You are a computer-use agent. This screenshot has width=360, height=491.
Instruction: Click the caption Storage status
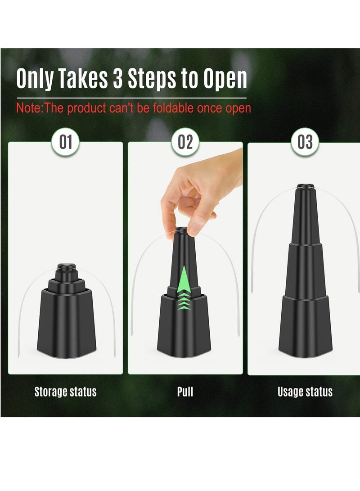tap(65, 392)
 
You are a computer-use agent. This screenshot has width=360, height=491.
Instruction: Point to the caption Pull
tap(185, 392)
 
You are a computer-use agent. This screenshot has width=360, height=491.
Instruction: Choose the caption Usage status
tap(305, 392)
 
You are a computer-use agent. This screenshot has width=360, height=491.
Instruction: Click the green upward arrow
tap(184, 288)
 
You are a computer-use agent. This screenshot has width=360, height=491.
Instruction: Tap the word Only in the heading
tap(35, 79)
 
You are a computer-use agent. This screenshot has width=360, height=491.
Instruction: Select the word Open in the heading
tap(225, 79)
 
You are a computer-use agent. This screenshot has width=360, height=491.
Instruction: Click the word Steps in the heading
tap(152, 79)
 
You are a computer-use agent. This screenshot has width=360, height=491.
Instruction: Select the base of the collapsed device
tap(66, 324)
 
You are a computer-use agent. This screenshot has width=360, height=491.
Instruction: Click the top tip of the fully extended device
tap(306, 186)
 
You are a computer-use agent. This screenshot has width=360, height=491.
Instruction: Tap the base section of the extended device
tap(306, 326)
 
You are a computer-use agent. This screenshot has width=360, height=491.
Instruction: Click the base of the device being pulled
tap(184, 326)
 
